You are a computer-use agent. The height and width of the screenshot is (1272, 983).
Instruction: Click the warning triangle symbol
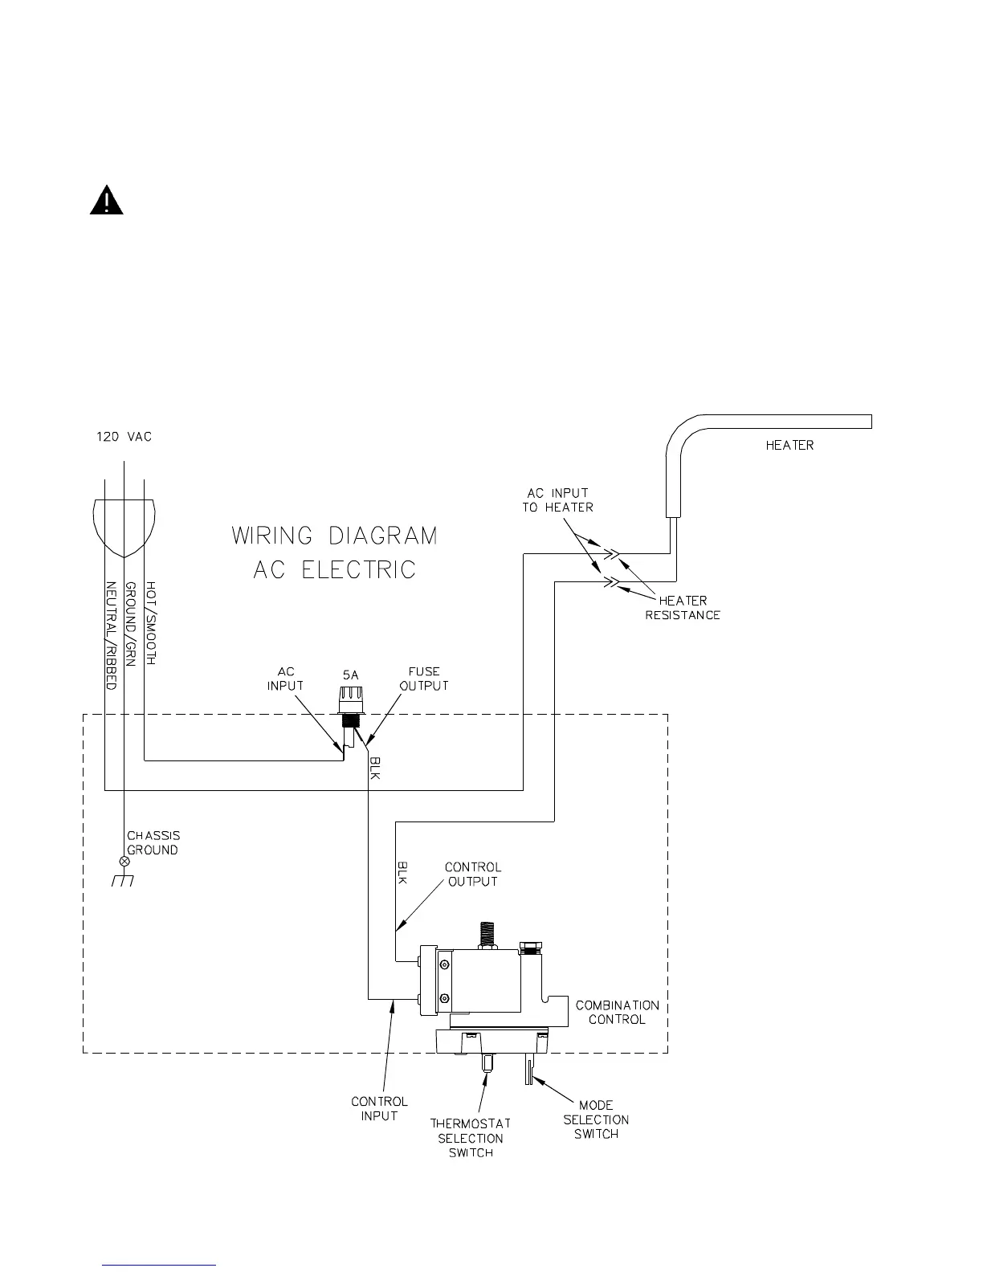click(x=106, y=201)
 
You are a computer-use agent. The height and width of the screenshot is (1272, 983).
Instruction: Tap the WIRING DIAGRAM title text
click(x=335, y=536)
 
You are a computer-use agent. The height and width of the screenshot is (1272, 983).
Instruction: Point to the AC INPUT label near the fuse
click(x=285, y=679)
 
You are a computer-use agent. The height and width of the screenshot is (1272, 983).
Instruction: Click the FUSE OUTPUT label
click(x=423, y=679)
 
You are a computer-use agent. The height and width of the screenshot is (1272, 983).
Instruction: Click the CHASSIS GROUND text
click(x=153, y=843)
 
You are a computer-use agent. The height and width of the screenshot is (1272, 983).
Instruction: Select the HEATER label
click(x=789, y=445)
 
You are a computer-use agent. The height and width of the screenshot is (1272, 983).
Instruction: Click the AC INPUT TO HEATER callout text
click(x=557, y=499)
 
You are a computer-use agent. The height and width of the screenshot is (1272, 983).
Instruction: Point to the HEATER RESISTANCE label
click(x=683, y=608)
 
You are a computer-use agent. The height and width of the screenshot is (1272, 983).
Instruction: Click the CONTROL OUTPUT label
click(x=472, y=874)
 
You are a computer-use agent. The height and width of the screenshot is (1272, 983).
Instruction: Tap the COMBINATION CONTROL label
click(x=617, y=1012)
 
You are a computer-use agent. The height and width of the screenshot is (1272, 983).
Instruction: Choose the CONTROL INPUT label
click(x=379, y=1108)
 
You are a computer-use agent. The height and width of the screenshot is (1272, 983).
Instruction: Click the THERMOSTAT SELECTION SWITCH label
click(x=471, y=1138)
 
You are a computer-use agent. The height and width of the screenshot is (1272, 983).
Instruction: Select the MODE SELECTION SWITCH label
click(x=596, y=1119)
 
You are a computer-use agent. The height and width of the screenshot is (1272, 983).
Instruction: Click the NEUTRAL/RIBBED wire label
click(x=112, y=635)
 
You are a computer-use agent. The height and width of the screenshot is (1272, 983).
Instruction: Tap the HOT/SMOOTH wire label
click(x=150, y=623)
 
